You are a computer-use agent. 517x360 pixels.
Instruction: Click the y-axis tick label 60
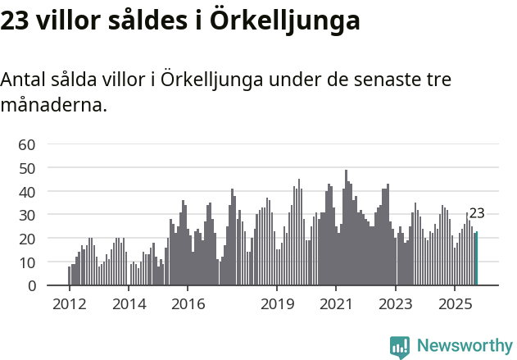pyautogui.click(x=27, y=144)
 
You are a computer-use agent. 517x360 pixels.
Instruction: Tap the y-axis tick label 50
pyautogui.click(x=27, y=168)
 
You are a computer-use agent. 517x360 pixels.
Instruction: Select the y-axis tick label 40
pyautogui.click(x=27, y=192)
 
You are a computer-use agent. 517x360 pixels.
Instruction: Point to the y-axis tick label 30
pyautogui.click(x=27, y=216)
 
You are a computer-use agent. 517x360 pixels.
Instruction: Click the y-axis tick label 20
pyautogui.click(x=27, y=239)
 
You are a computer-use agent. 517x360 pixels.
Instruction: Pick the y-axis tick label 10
pyautogui.click(x=27, y=262)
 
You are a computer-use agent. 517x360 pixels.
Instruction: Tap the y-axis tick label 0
pyautogui.click(x=31, y=286)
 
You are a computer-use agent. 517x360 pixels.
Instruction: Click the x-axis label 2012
pyautogui.click(x=69, y=304)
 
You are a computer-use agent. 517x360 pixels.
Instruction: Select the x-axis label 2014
pyautogui.click(x=128, y=304)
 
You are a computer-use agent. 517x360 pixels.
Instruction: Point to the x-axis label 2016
pyautogui.click(x=188, y=304)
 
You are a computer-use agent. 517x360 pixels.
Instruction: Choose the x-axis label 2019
pyautogui.click(x=277, y=304)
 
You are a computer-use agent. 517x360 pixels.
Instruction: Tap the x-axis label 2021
pyautogui.click(x=336, y=304)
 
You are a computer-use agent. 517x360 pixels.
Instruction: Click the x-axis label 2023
pyautogui.click(x=396, y=304)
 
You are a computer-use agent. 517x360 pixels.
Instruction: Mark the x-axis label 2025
pyautogui.click(x=455, y=304)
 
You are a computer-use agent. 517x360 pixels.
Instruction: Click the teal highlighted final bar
pyautogui.click(x=476, y=259)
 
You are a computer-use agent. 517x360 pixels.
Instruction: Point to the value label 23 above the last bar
pyautogui.click(x=477, y=213)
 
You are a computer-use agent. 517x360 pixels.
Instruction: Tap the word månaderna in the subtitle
pyautogui.click(x=53, y=106)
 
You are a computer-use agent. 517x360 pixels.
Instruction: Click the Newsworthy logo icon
pyautogui.click(x=400, y=347)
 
